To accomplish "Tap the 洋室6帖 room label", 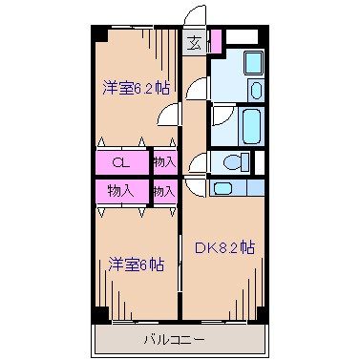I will [x=135, y=265].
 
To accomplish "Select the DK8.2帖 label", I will [x=225, y=247].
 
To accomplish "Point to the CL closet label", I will [x=120, y=162].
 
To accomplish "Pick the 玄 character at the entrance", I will [x=194, y=43].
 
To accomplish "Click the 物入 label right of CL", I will [x=163, y=162].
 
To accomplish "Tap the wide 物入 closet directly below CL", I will [x=120, y=191].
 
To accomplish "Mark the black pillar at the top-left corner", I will [x=97, y=34].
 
